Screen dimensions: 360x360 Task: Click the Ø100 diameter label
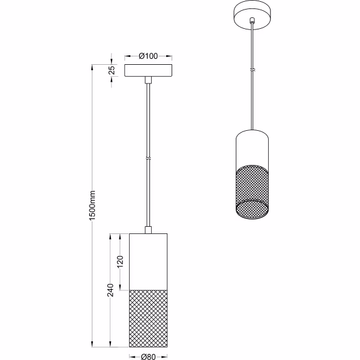148,56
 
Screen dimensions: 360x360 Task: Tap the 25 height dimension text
112,70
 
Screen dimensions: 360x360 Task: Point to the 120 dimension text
119,262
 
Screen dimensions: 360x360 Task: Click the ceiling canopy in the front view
148,70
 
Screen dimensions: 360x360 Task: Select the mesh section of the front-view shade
148,318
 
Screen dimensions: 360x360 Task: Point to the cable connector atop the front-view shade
148,230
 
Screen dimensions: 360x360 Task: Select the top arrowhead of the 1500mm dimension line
92,67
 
